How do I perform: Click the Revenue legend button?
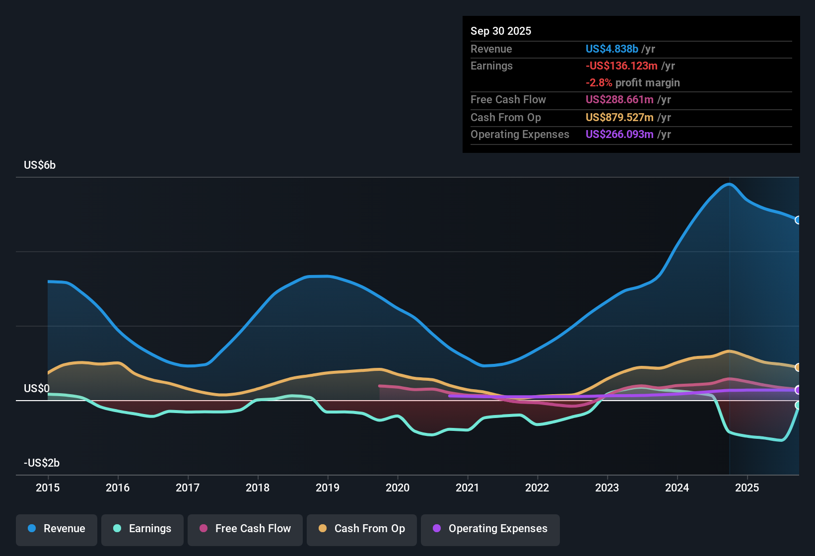(57, 529)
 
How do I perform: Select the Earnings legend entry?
(142, 529)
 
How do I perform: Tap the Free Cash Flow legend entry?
(245, 529)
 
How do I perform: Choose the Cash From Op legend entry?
(362, 529)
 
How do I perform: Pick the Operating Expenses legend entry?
(490, 529)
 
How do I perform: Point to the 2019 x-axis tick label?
(328, 487)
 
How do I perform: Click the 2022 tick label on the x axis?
(537, 487)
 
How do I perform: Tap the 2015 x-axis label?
(48, 487)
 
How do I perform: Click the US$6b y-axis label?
(40, 165)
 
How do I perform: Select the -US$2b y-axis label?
(42, 463)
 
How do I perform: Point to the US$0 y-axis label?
(37, 389)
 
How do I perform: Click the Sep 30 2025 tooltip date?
(501, 31)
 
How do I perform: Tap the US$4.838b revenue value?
(611, 49)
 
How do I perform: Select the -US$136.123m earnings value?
(621, 66)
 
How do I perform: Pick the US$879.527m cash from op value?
(619, 118)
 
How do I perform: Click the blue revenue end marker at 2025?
(798, 220)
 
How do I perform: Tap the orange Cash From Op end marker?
(798, 367)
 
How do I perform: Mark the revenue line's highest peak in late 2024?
(729, 184)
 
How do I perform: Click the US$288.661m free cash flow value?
(619, 100)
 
